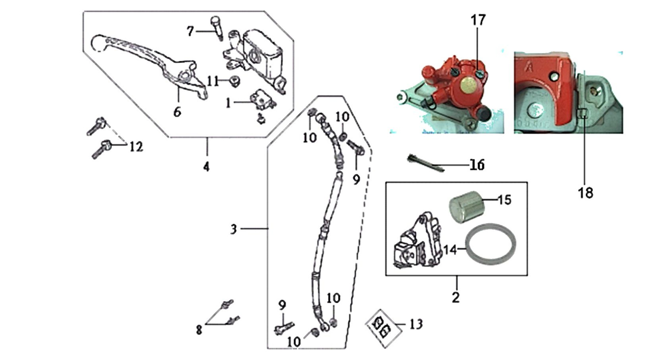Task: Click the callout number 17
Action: click(x=478, y=20)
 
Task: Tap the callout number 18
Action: click(x=586, y=193)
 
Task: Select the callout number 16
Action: click(x=477, y=165)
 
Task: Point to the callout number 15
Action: click(x=504, y=200)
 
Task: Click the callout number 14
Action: click(x=450, y=250)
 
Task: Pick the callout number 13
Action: click(x=416, y=324)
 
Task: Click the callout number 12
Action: click(x=136, y=147)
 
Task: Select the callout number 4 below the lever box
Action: click(x=206, y=167)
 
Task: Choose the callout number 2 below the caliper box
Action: click(x=455, y=297)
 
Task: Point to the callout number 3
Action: click(x=234, y=229)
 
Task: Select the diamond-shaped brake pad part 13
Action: click(x=383, y=328)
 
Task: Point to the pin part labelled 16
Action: click(x=426, y=163)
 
